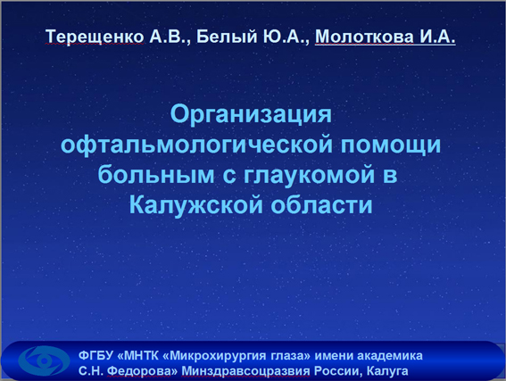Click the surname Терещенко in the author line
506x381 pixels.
(95, 37)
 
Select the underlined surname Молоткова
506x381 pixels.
(364, 37)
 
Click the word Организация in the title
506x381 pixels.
(251, 115)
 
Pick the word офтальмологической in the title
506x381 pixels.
(197, 145)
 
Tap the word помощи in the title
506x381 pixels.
(391, 145)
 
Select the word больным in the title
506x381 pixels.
(156, 174)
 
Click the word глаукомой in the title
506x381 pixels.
(309, 174)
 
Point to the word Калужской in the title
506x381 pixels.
(195, 204)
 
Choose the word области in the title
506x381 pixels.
(322, 204)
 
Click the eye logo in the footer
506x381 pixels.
(44, 360)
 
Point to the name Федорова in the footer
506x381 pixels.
(142, 371)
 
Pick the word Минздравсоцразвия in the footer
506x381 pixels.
(245, 371)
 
